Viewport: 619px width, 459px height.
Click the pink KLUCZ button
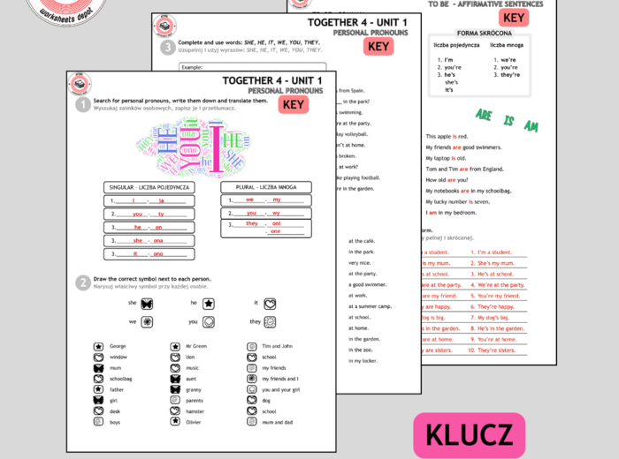pyautogui.click(x=469, y=435)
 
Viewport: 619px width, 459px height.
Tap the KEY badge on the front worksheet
pyautogui.click(x=294, y=105)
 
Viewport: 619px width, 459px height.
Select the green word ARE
pyautogui.click(x=484, y=115)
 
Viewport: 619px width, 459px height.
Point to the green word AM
pyautogui.click(x=531, y=126)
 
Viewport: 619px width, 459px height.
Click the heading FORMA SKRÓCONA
pyautogui.click(x=478, y=33)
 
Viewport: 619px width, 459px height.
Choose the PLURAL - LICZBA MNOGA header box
pyautogui.click(x=265, y=187)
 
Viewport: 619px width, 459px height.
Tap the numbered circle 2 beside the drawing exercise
pyautogui.click(x=82, y=282)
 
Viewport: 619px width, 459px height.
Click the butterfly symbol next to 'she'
pyautogui.click(x=147, y=303)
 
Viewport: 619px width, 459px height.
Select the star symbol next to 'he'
pyautogui.click(x=209, y=303)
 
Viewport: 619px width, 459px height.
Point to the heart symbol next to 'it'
pyautogui.click(x=270, y=303)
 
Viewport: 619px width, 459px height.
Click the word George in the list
pyautogui.click(x=118, y=346)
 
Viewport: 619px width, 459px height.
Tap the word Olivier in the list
pyautogui.click(x=194, y=422)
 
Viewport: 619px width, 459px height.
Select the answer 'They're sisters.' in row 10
pyautogui.click(x=497, y=350)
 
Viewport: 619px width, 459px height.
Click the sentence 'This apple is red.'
pyautogui.click(x=447, y=137)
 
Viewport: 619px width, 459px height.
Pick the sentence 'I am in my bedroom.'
pyautogui.click(x=452, y=212)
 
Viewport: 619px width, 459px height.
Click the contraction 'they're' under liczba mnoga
pyautogui.click(x=510, y=75)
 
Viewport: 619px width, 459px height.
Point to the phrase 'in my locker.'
pyautogui.click(x=364, y=360)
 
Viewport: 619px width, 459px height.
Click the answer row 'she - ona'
pyautogui.click(x=148, y=240)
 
